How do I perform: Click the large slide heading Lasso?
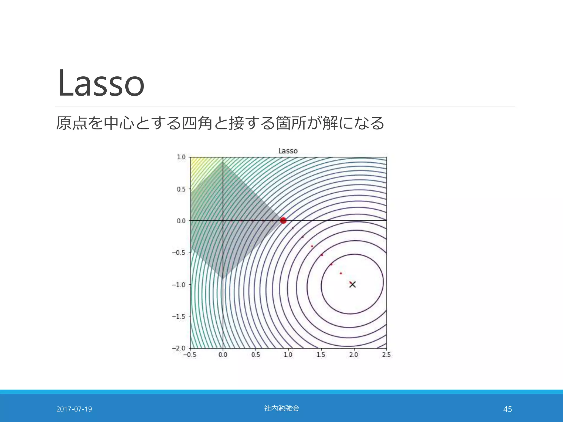click(101, 83)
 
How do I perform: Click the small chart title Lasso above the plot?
click(288, 151)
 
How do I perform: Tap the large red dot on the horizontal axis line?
click(283, 220)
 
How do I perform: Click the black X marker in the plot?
click(352, 284)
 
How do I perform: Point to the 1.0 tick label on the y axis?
click(181, 157)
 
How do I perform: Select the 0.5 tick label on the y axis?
click(181, 189)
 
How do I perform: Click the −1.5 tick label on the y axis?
click(179, 316)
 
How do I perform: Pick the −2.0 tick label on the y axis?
click(179, 348)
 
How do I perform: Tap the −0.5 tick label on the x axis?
click(190, 355)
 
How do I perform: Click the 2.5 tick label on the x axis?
click(386, 355)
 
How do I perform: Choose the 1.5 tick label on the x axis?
click(321, 355)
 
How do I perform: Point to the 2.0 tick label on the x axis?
click(354, 355)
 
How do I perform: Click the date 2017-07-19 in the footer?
click(74, 409)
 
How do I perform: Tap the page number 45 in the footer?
click(507, 409)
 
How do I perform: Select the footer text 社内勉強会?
click(281, 408)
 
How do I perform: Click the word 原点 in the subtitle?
click(71, 123)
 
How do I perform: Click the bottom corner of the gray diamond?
click(223, 278)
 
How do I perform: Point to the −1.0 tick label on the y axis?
click(179, 285)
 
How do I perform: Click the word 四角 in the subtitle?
click(197, 123)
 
